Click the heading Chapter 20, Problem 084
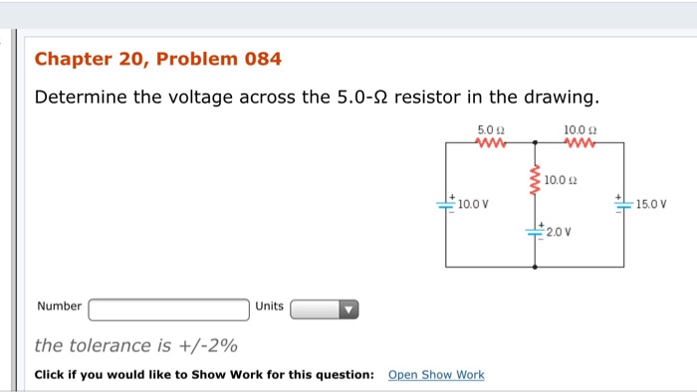click(157, 59)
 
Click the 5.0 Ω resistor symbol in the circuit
click(491, 144)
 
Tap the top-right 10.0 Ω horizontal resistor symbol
click(580, 144)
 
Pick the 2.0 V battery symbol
click(536, 232)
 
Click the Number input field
click(169, 309)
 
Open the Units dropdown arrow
click(348, 309)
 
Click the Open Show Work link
click(436, 375)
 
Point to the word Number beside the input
click(59, 306)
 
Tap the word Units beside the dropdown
click(269, 306)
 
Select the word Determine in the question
click(83, 98)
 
